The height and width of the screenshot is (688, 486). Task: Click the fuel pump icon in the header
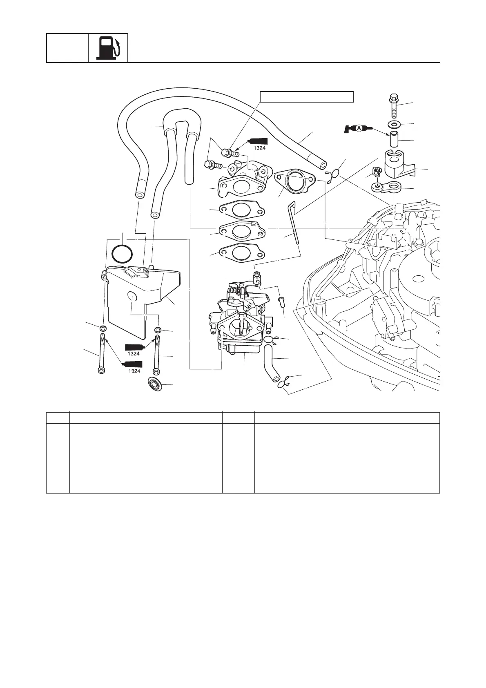click(x=108, y=48)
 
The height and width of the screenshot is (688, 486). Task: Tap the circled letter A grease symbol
click(x=359, y=128)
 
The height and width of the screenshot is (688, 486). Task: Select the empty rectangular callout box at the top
click(x=307, y=96)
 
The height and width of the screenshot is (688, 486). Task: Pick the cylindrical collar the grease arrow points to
click(x=395, y=139)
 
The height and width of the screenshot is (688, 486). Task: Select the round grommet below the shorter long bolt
click(x=156, y=384)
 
